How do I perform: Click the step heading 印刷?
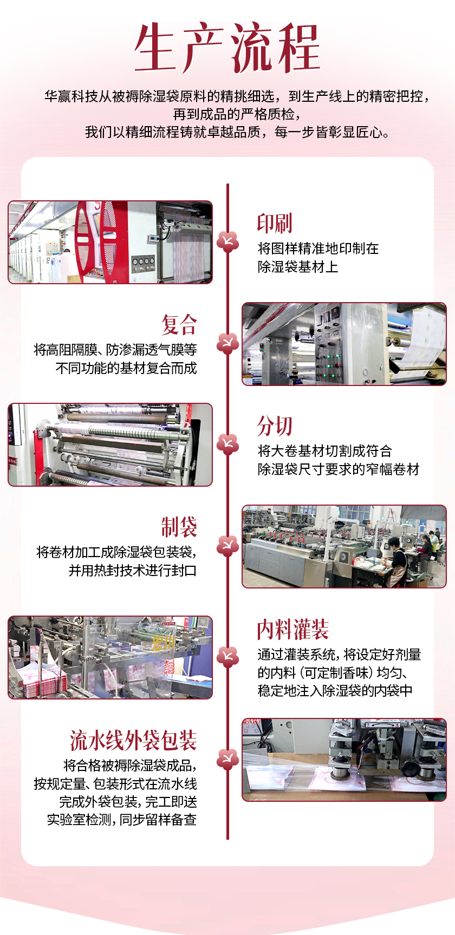275,223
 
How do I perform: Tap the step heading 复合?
179,324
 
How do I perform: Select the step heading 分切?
275,426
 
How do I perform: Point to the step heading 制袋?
179,527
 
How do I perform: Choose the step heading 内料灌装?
293,630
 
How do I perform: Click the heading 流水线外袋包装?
133,740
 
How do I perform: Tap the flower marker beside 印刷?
227,242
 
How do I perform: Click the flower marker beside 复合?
227,343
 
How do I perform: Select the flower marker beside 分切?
227,444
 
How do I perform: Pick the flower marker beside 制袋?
227,546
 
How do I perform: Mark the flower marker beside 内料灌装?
227,656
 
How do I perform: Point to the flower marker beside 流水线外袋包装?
227,759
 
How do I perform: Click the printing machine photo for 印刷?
110,242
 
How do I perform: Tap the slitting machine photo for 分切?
110,444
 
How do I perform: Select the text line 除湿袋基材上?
298,267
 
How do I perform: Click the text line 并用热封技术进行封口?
133,571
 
